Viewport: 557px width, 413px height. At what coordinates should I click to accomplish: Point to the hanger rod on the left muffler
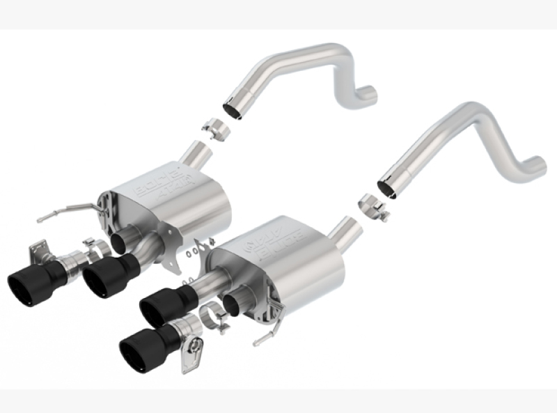click(x=70, y=211)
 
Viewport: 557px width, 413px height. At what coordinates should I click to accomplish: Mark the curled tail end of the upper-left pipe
click(x=369, y=95)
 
